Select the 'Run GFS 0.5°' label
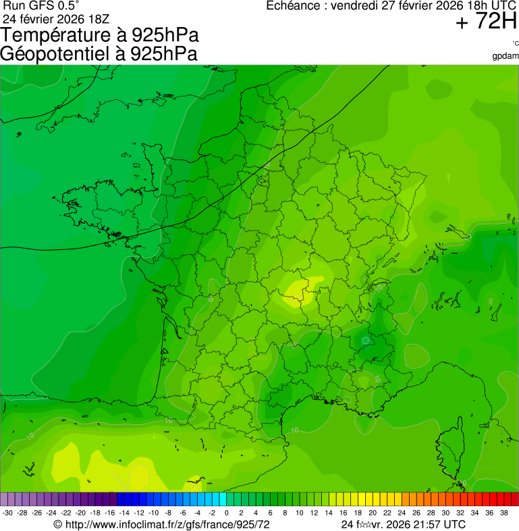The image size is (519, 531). tap(40, 5)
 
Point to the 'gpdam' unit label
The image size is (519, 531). tap(506, 55)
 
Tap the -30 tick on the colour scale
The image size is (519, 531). tap(8, 513)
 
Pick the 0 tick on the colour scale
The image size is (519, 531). tap(226, 513)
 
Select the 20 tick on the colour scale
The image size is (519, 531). tap(373, 513)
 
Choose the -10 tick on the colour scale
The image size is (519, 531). tap(153, 513)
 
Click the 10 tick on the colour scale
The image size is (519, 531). tap(299, 513)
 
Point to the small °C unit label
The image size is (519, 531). tap(515, 44)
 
